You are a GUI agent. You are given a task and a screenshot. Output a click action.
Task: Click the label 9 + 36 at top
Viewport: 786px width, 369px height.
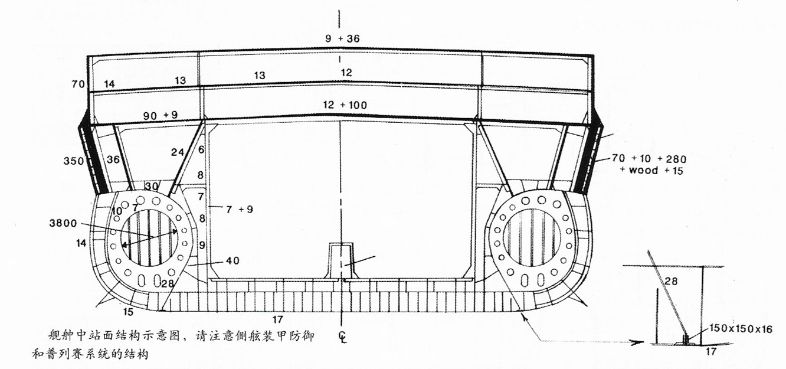tap(342, 39)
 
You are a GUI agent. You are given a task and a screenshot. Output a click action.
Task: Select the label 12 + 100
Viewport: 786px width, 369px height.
tap(345, 105)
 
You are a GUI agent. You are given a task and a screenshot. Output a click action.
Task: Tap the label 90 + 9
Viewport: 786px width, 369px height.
tap(161, 116)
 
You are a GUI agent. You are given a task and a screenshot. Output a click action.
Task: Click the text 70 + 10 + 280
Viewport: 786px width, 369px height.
tap(649, 159)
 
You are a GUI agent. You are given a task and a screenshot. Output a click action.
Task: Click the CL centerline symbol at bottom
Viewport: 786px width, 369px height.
tap(342, 337)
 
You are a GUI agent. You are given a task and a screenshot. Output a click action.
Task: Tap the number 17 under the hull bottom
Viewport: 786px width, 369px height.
tap(278, 319)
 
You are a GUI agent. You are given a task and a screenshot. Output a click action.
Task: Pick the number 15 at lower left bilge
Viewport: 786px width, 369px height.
tap(127, 311)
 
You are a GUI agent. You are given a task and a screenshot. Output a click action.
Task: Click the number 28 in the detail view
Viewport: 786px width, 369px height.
tap(671, 282)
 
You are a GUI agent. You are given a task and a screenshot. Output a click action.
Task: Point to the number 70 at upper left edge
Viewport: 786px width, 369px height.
tap(78, 84)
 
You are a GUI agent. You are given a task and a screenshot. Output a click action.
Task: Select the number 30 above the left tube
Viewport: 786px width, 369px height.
tap(152, 187)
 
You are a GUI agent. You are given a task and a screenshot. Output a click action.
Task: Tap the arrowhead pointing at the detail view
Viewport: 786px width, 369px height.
tap(640, 342)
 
